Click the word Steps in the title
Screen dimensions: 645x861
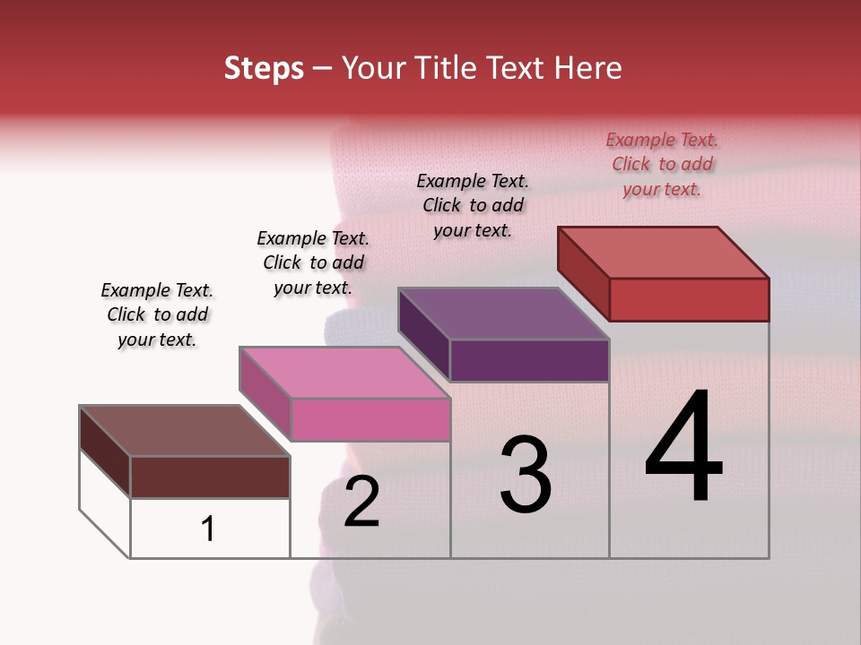click(x=264, y=68)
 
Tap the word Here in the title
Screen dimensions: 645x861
click(x=587, y=68)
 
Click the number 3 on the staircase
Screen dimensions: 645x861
click(x=525, y=475)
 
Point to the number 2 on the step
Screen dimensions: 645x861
click(x=361, y=502)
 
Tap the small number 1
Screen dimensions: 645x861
click(x=208, y=529)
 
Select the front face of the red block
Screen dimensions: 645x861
click(x=689, y=299)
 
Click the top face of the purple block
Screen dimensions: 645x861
click(x=504, y=314)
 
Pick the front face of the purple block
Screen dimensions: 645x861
click(x=529, y=360)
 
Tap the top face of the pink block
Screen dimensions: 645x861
click(x=344, y=373)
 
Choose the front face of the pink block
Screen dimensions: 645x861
click(x=370, y=419)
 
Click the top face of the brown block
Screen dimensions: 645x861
click(x=185, y=431)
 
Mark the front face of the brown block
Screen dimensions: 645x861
click(x=210, y=477)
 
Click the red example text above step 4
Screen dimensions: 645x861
click(x=662, y=165)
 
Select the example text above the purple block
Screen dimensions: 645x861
click(x=473, y=205)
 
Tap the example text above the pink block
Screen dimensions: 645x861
click(x=313, y=262)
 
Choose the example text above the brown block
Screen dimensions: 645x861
click(x=157, y=314)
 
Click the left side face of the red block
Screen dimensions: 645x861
click(x=583, y=273)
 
